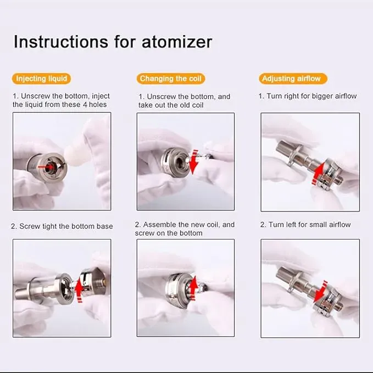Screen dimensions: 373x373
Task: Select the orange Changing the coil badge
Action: (x=171, y=79)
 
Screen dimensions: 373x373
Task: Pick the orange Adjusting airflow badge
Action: (x=291, y=79)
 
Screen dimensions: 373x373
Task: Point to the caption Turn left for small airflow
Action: (x=305, y=225)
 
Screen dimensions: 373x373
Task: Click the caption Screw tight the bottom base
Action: (x=62, y=226)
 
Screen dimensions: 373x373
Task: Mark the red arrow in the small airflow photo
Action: (x=320, y=292)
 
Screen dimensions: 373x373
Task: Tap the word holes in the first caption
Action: (x=97, y=104)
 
